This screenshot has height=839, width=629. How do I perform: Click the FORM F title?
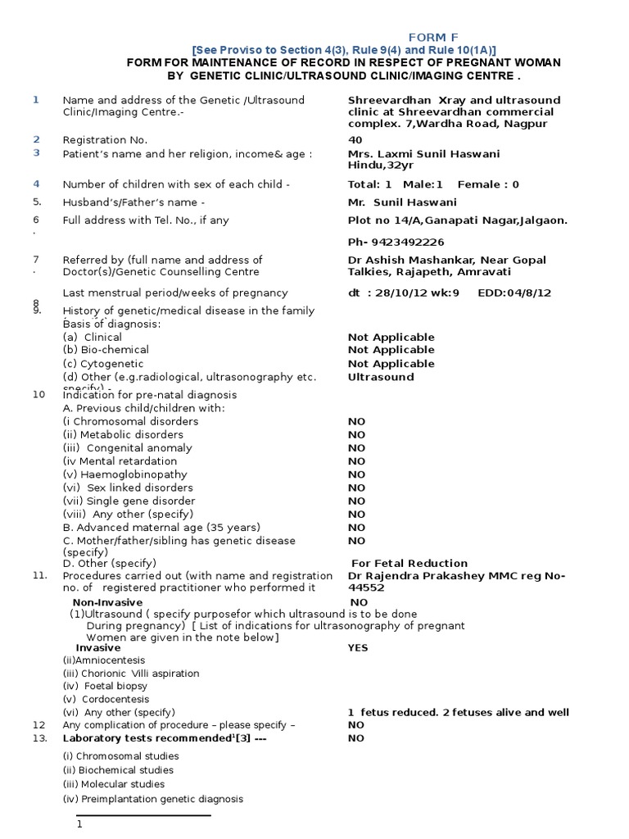tap(434, 37)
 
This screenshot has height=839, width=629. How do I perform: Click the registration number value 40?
tap(355, 140)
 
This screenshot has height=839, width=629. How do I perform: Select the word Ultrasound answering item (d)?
tap(381, 377)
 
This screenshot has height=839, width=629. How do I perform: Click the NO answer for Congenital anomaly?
tap(356, 448)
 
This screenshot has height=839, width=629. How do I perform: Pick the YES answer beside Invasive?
tap(358, 647)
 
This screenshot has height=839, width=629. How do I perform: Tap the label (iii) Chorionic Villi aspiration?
tap(131, 673)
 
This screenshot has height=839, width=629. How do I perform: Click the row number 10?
tap(38, 394)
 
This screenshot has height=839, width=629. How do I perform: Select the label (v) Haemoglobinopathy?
tap(125, 474)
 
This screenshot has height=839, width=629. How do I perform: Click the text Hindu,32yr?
tap(378, 166)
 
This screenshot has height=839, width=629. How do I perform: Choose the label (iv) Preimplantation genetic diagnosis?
tap(153, 799)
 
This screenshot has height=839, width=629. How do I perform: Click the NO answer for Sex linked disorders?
tap(356, 488)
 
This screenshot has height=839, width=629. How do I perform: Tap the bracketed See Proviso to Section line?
tap(343, 50)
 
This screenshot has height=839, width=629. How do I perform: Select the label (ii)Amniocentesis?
tap(104, 660)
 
